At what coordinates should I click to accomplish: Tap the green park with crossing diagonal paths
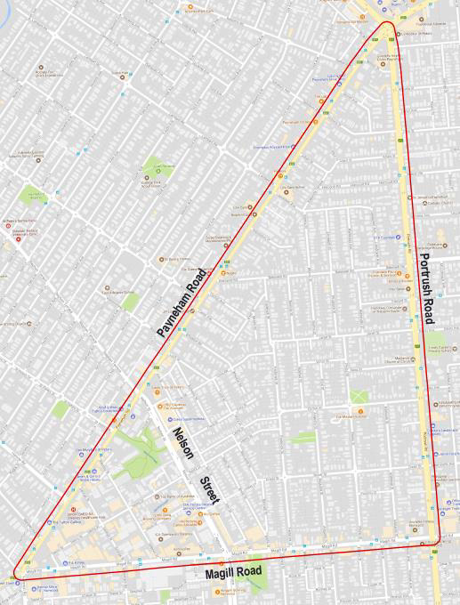point(359,396)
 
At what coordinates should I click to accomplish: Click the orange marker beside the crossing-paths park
point(362,411)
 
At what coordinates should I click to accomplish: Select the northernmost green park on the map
point(152,165)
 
